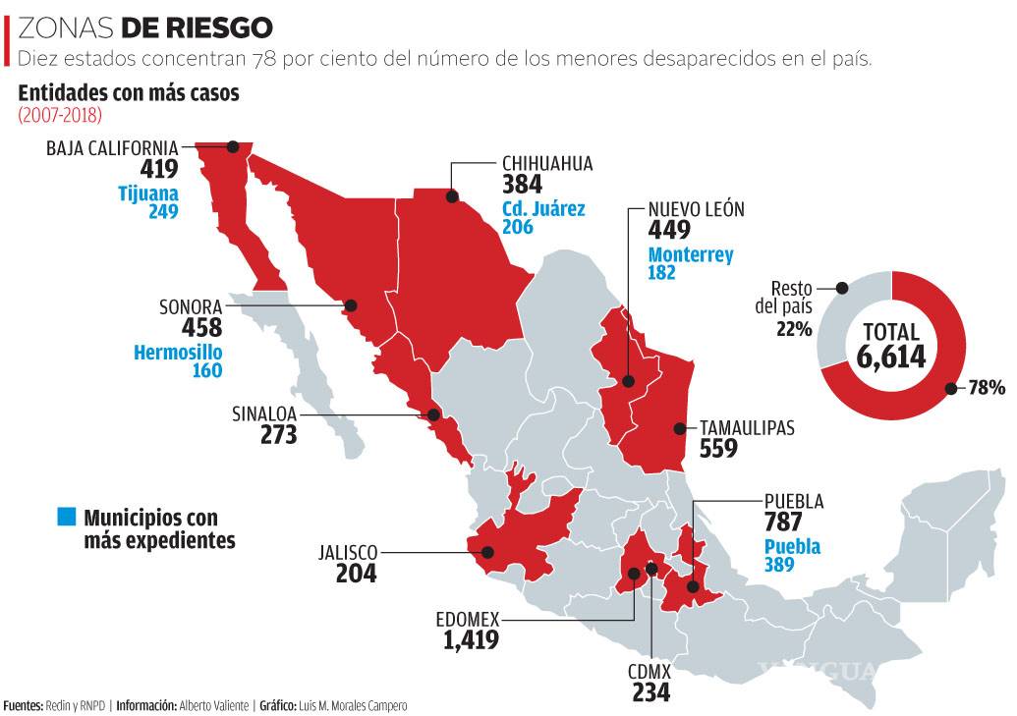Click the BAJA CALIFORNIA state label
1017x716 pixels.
(x=112, y=148)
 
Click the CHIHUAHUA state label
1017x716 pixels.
(x=547, y=164)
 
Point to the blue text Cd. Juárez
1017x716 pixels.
(x=542, y=208)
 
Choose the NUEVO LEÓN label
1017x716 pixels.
(x=696, y=209)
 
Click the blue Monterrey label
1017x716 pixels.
(x=690, y=254)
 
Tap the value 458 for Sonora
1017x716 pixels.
(x=196, y=327)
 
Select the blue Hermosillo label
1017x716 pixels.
(x=178, y=352)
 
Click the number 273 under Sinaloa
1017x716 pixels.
(x=278, y=434)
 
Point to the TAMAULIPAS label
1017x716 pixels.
(x=747, y=428)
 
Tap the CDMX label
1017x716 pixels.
(x=650, y=672)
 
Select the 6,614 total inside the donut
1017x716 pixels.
(x=890, y=357)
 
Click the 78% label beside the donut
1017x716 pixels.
(x=986, y=388)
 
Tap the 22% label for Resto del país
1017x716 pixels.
(x=793, y=329)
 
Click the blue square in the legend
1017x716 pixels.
(x=66, y=517)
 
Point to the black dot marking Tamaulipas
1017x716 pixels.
(x=678, y=428)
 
